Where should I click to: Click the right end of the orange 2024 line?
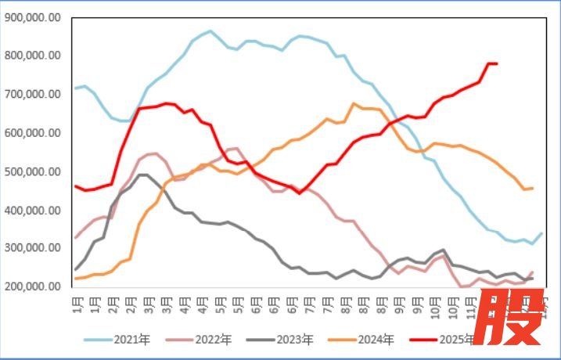533,188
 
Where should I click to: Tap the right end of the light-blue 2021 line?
542,233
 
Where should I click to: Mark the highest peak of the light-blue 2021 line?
210,31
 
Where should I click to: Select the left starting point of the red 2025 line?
76,186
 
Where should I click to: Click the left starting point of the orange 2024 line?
76,279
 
